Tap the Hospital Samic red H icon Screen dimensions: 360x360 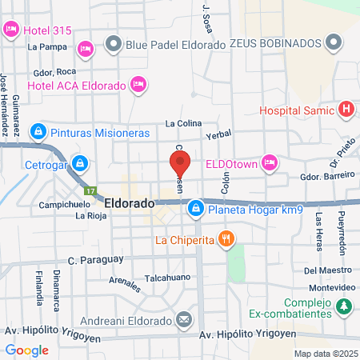346,110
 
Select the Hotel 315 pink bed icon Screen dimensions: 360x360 11,30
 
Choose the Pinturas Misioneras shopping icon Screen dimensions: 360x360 37,131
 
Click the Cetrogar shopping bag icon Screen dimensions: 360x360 79,164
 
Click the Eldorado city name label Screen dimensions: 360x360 129,204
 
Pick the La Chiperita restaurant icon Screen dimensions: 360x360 227,238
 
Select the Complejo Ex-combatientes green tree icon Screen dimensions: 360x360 344,305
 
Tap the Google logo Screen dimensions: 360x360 26,350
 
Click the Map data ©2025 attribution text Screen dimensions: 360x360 324,353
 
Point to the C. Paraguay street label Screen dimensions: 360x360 95,260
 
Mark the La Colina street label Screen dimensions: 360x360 182,123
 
